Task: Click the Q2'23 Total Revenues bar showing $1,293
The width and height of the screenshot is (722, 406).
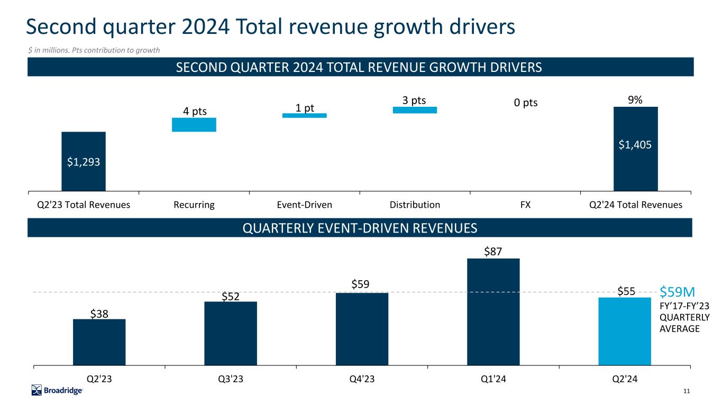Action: click(x=84, y=161)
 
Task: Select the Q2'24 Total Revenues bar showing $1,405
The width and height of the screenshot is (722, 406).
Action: click(x=635, y=149)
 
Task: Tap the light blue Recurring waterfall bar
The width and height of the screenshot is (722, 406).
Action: click(x=194, y=124)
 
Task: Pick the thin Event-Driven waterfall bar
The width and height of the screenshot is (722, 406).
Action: click(x=304, y=115)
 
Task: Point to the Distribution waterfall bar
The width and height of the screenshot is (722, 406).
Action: click(x=415, y=110)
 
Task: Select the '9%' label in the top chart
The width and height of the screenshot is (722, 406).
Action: click(x=635, y=99)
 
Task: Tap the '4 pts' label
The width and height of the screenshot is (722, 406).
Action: click(x=194, y=111)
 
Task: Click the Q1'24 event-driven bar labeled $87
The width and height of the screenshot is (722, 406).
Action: click(x=493, y=311)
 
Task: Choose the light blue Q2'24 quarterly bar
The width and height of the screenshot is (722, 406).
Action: click(x=625, y=331)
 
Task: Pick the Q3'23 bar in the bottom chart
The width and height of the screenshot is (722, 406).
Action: click(x=231, y=333)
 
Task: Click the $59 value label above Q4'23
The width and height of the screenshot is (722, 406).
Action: click(x=362, y=284)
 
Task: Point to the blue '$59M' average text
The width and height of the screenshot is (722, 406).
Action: click(x=677, y=291)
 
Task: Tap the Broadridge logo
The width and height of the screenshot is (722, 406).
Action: click(x=57, y=391)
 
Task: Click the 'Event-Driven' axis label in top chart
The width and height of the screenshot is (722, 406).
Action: click(x=304, y=205)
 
